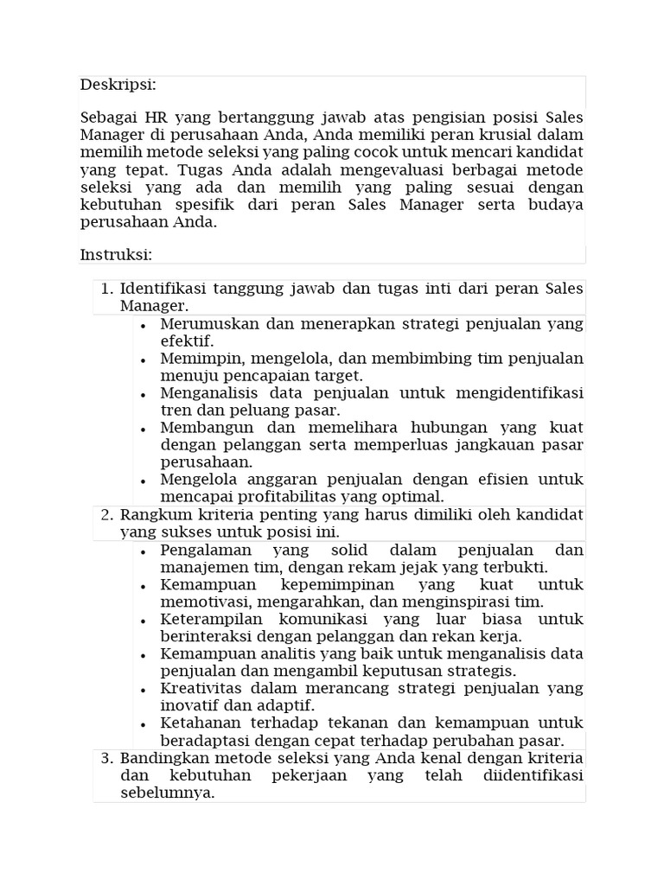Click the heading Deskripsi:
pos(118,85)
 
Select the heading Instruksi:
pos(116,255)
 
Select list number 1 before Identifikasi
pos(107,289)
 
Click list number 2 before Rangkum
pos(107,515)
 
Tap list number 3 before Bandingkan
pos(107,759)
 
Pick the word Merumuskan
pos(204,324)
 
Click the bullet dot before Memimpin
pos(143,359)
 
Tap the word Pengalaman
pos(206,551)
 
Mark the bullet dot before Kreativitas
pos(143,689)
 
